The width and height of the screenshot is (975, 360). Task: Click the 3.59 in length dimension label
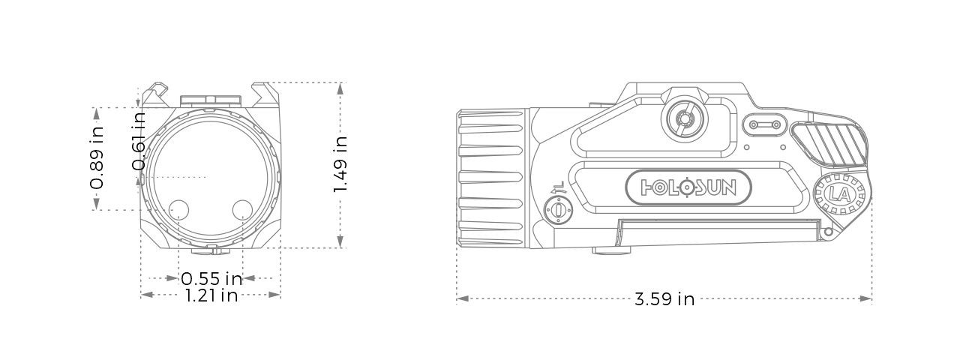(x=664, y=299)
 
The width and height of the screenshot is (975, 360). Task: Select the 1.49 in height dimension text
(x=340, y=164)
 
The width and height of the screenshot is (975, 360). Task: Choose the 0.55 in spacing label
(x=211, y=278)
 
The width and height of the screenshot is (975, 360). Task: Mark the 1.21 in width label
(x=211, y=295)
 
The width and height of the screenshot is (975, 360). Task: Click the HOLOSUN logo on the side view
(x=680, y=187)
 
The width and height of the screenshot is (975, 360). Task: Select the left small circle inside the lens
(x=178, y=209)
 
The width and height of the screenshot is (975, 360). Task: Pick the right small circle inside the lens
(x=242, y=209)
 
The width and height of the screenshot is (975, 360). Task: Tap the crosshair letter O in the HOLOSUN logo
(x=682, y=187)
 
